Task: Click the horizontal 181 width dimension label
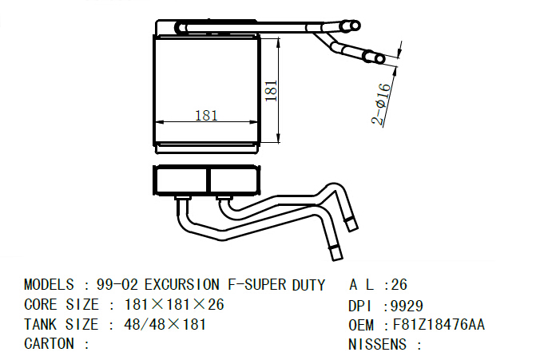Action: pos(206,116)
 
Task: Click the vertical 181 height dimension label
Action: pos(271,91)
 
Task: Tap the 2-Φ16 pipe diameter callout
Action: pos(381,105)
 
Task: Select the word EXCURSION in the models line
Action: pos(181,284)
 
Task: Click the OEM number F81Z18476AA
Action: pos(439,324)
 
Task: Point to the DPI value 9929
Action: pos(407,307)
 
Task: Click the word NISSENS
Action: pos(377,344)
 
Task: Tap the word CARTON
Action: pos(49,343)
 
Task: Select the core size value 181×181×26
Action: pos(174,304)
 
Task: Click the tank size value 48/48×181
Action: pos(165,324)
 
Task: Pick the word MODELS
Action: pos(49,284)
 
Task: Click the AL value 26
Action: pos(399,284)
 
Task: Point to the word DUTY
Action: pos(308,285)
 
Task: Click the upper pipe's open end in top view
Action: pos(355,26)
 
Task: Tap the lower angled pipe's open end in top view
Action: pos(379,59)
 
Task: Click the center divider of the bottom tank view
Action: pos(208,180)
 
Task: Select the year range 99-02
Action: pos(117,284)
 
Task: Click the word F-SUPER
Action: pos(257,284)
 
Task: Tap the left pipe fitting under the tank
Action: pos(183,200)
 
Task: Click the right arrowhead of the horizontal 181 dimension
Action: pos(255,122)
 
